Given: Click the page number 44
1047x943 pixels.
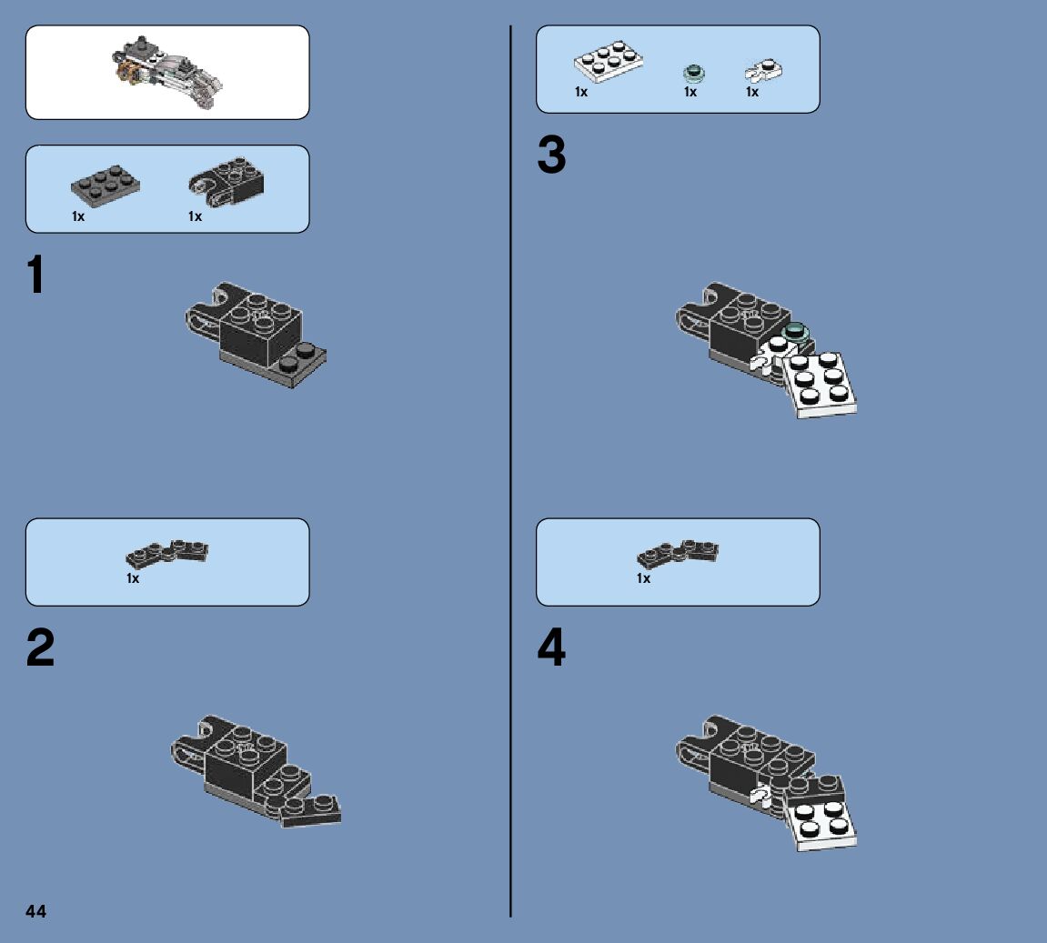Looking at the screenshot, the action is [36, 911].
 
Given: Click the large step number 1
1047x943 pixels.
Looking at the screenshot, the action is [36, 274].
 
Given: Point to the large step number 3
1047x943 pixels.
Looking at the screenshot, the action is [551, 155].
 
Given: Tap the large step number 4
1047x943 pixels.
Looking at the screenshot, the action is [551, 647].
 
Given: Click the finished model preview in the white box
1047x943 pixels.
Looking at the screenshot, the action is [167, 73].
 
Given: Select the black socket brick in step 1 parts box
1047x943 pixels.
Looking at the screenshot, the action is [227, 182].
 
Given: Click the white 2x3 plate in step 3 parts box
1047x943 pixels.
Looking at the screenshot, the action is [609, 62].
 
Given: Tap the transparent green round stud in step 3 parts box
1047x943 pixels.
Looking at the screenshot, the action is [694, 73].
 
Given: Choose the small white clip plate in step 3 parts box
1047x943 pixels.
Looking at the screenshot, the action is [763, 70].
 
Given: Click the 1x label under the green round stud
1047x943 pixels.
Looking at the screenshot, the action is [690, 92].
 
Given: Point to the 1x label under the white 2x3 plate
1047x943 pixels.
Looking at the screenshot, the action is [581, 92].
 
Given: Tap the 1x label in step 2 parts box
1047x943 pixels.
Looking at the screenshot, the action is [133, 578].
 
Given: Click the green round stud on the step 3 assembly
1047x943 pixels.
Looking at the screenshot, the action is [795, 332].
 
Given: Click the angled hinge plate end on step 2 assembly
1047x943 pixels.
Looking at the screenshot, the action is [310, 810].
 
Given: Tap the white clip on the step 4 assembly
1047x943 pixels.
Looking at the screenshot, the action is [760, 796].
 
